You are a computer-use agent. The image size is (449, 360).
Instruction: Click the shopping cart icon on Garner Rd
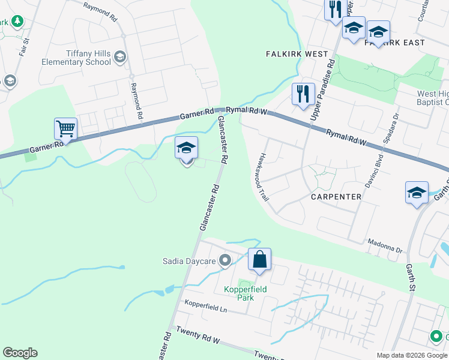tap(65, 128)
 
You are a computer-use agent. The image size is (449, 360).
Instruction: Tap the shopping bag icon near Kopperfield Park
tap(259, 260)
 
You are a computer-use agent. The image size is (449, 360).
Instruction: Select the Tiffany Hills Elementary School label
tap(76, 58)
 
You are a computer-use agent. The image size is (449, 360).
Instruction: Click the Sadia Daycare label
tap(189, 260)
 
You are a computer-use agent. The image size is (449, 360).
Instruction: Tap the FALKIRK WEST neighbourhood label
tap(297, 54)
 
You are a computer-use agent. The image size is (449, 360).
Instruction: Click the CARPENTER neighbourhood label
tap(336, 197)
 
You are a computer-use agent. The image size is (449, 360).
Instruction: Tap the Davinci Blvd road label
tap(362, 167)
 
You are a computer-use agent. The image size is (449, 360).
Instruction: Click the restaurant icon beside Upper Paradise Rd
tap(303, 94)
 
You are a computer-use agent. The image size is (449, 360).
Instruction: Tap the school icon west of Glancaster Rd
tap(186, 148)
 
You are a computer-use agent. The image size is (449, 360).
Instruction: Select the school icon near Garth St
tap(417, 193)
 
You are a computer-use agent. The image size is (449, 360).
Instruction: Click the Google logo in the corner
tap(20, 353)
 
